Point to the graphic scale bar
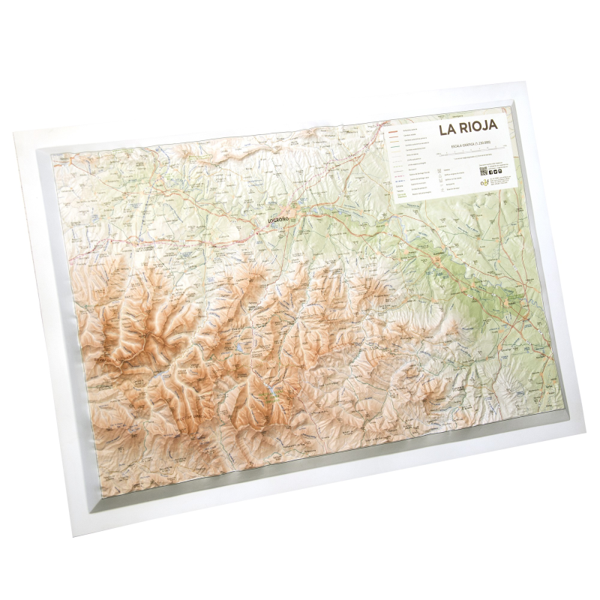pos(469,150)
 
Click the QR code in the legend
pos(484,170)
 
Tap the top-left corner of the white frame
pos(15,133)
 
